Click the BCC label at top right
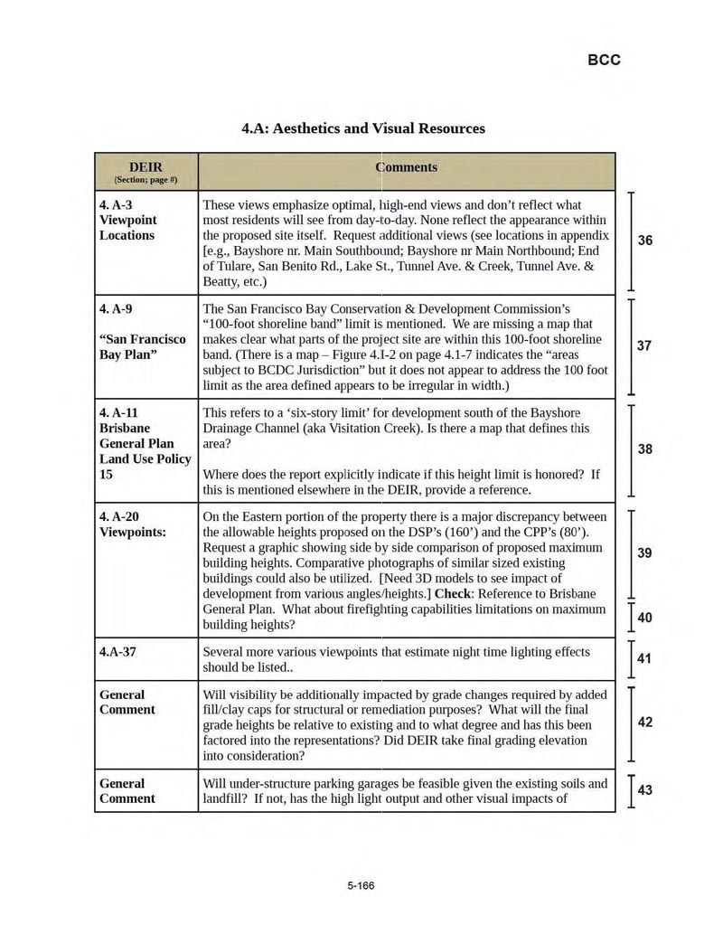pos(604,60)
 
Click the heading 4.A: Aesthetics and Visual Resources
pos(363,128)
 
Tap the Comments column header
pos(406,167)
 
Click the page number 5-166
pos(361,885)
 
